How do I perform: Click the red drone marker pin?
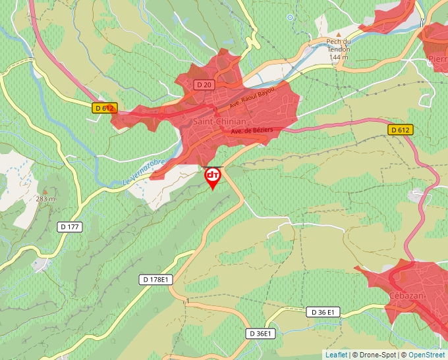click(213, 176)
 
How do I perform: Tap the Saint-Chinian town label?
click(219, 122)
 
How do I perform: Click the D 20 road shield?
click(204, 85)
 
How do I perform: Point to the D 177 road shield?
click(70, 227)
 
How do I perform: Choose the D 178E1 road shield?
click(156, 280)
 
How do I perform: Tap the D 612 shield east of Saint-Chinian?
click(400, 130)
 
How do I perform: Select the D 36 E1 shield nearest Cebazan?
click(323, 312)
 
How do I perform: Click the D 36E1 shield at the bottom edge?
click(260, 334)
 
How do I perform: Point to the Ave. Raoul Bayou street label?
click(252, 100)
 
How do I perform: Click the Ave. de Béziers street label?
click(252, 132)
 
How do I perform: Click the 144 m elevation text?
click(339, 58)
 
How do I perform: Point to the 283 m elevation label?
click(45, 199)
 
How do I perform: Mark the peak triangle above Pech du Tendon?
click(339, 34)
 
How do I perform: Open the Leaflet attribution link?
click(336, 355)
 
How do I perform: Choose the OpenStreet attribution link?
click(426, 355)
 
